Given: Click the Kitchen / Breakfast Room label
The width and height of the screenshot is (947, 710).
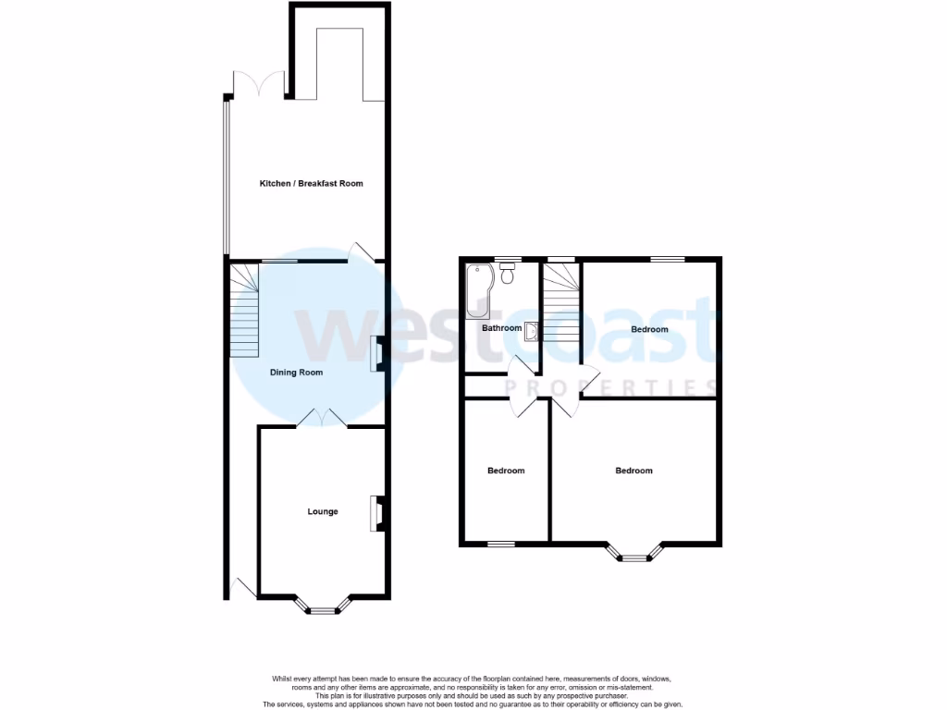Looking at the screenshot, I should pyautogui.click(x=311, y=183).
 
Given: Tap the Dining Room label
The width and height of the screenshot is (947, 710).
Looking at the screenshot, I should pyautogui.click(x=296, y=373).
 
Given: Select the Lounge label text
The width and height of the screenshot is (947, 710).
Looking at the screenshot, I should pyautogui.click(x=323, y=511).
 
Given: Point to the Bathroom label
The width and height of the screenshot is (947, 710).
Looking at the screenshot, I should pyautogui.click(x=501, y=328).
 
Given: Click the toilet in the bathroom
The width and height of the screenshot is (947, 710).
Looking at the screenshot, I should pyautogui.click(x=507, y=274).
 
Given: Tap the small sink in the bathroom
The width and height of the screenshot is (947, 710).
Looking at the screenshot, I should pyautogui.click(x=531, y=330).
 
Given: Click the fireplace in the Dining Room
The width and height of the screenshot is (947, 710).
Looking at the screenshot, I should pyautogui.click(x=377, y=355).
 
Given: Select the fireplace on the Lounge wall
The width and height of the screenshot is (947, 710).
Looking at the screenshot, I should pyautogui.click(x=377, y=514).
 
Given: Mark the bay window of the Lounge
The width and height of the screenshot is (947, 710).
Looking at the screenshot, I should pyautogui.click(x=323, y=606).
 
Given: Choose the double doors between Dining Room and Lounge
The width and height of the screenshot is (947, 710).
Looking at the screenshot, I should pyautogui.click(x=321, y=419).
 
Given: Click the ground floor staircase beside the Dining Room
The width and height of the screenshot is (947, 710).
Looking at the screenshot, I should pyautogui.click(x=244, y=311).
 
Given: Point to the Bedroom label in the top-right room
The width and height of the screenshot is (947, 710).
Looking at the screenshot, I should pyautogui.click(x=649, y=329).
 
